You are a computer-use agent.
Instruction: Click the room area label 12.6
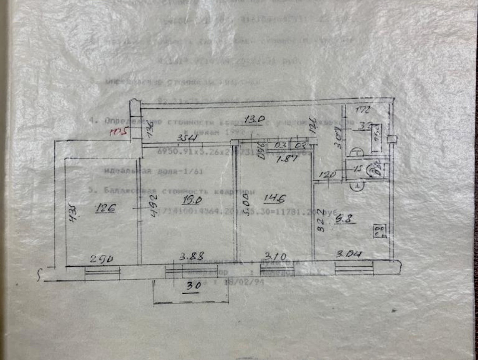[x=105, y=209]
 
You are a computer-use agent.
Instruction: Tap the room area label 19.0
[x=192, y=200]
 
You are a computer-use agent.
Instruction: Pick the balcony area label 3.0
[x=194, y=286]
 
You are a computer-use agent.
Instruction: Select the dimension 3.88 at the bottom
[x=191, y=256]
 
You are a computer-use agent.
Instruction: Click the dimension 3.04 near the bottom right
[x=349, y=255]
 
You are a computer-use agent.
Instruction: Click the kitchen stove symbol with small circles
[x=380, y=231]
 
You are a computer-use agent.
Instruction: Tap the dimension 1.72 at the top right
[x=364, y=110]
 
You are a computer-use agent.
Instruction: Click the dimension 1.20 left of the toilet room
[x=327, y=174]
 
